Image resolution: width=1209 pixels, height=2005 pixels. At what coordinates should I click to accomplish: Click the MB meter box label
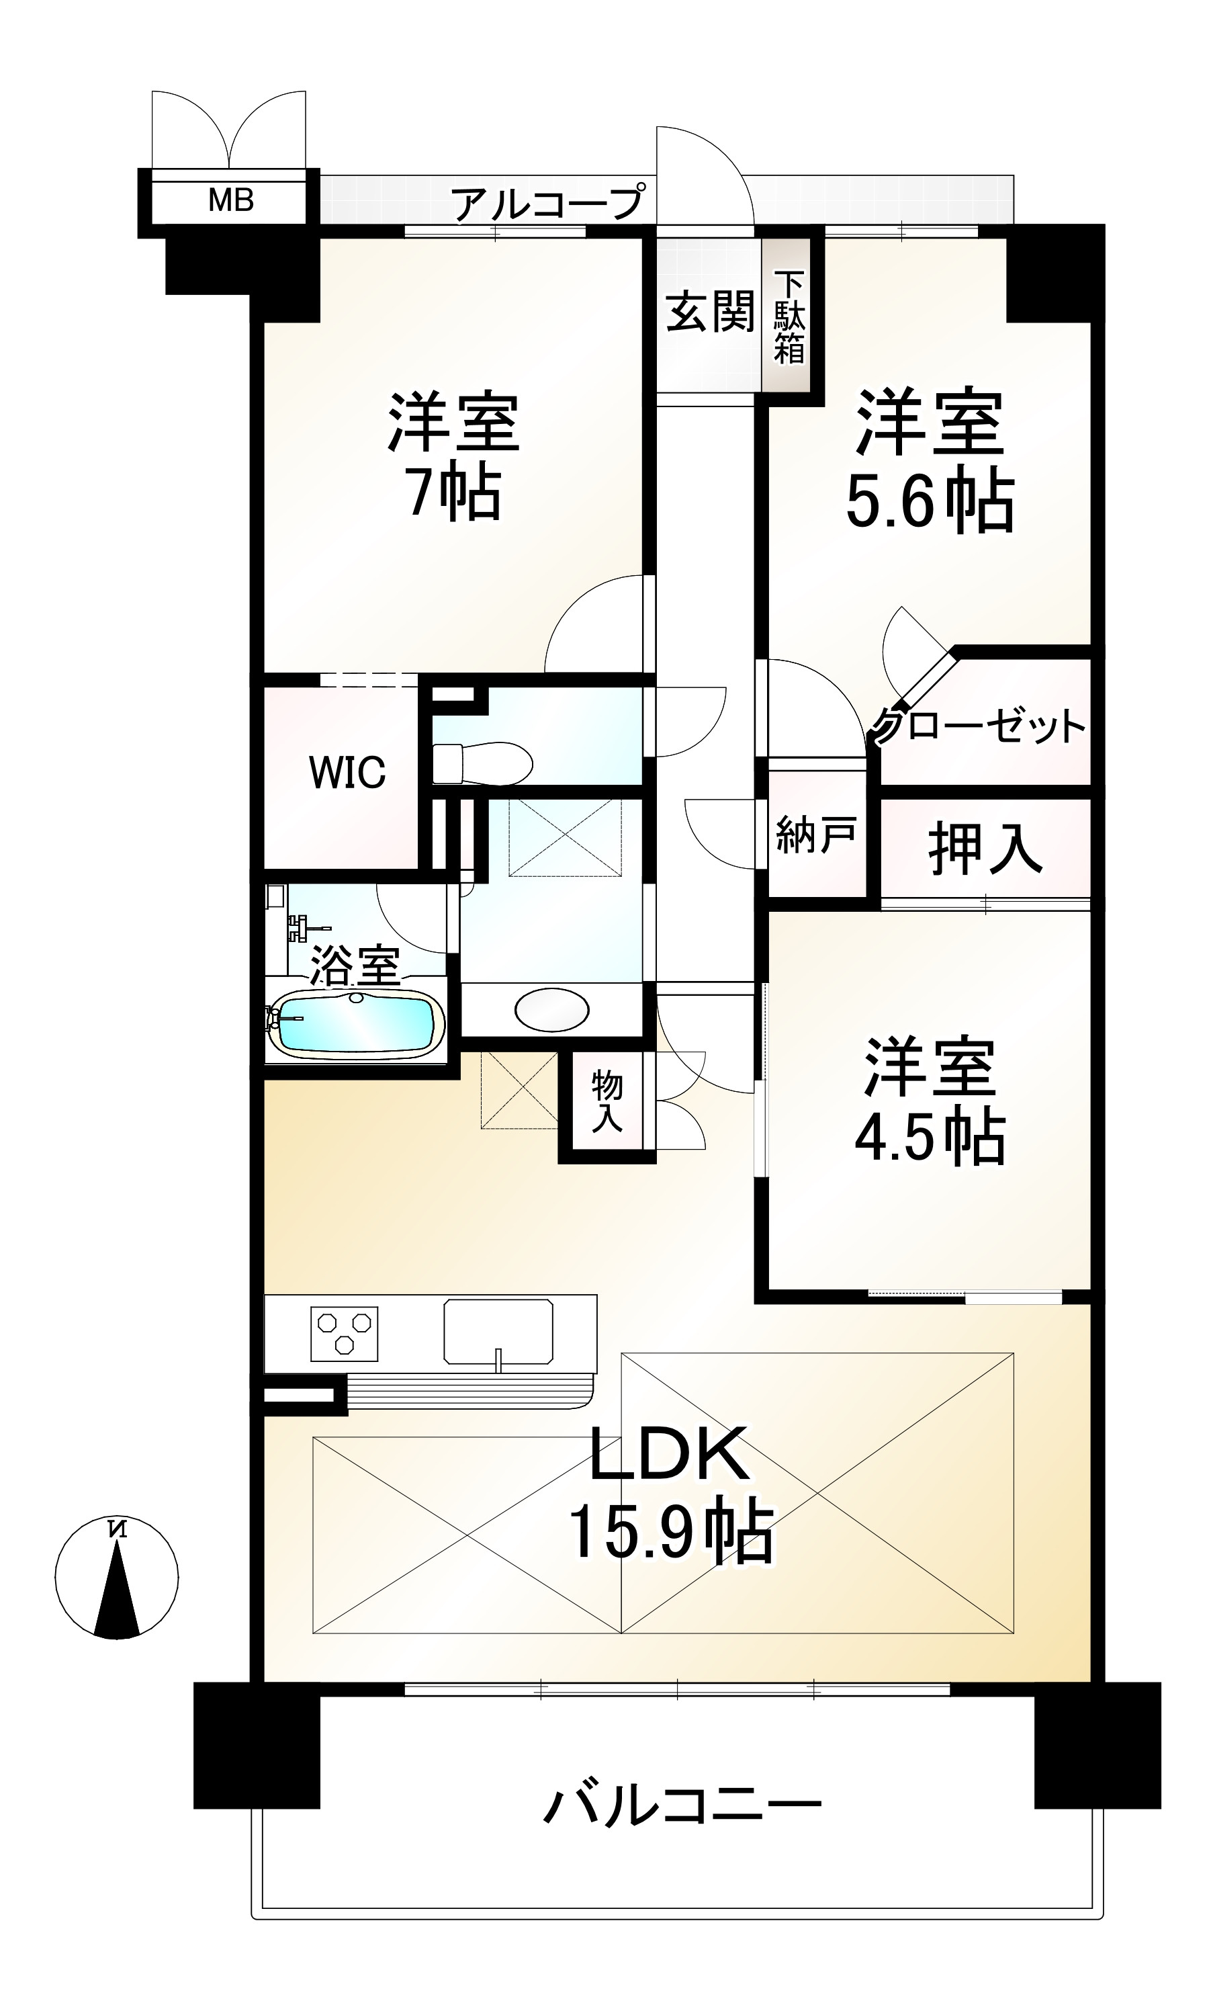(230, 200)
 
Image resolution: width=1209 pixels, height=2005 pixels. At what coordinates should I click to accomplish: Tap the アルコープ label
(547, 203)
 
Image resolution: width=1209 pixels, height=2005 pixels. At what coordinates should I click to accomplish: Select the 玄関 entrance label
(709, 312)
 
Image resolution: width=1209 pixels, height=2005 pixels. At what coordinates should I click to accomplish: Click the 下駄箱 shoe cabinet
(788, 318)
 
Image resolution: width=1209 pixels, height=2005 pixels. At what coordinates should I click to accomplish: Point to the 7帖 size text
(453, 494)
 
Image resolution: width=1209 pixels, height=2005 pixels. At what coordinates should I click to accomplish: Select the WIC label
(347, 772)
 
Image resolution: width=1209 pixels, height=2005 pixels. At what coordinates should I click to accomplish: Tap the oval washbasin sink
(551, 1011)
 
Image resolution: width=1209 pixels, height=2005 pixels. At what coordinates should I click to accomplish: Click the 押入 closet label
(985, 849)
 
